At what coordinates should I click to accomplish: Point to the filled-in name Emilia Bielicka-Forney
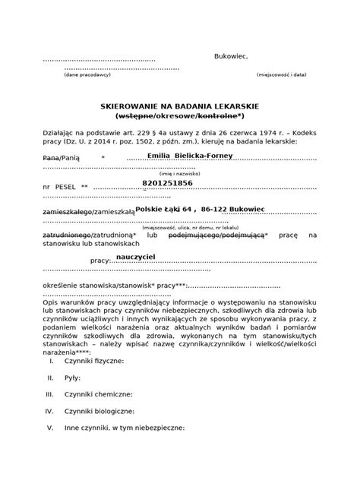tap(189, 156)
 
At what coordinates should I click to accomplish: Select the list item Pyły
tap(72, 377)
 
